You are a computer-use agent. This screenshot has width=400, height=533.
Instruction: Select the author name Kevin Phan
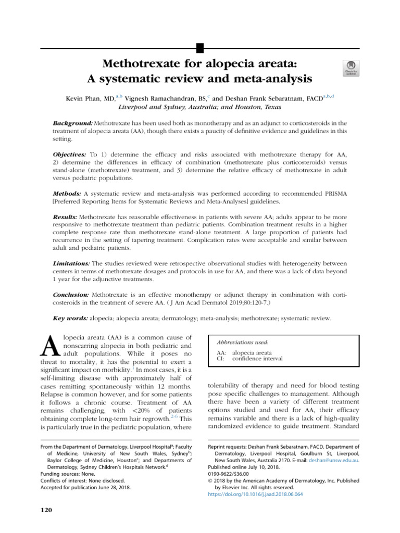[84, 97]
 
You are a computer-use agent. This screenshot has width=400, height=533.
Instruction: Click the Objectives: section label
[70, 155]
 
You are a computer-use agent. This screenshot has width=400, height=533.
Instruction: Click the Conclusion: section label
[71, 295]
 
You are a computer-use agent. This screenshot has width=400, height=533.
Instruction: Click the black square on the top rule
[199, 49]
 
